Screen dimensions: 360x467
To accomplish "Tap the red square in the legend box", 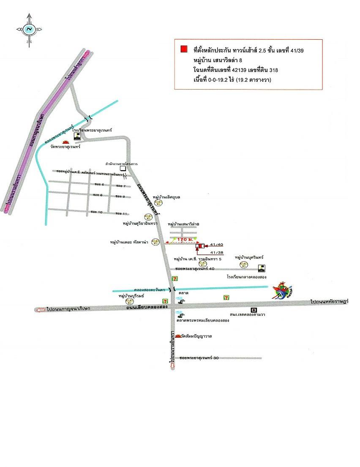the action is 183,49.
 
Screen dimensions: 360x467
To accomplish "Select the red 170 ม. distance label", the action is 185,240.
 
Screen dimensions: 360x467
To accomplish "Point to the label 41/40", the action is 216,245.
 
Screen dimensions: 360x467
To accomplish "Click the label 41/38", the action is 216,252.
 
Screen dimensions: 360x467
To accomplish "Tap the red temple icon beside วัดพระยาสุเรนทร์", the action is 65,142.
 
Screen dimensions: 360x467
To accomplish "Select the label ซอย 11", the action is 122,213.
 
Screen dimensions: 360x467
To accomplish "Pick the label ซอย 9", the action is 121,196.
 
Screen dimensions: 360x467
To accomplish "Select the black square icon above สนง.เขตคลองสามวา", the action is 254,309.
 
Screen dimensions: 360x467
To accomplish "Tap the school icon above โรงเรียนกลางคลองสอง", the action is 262,268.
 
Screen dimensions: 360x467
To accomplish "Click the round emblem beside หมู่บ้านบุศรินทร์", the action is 243,265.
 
